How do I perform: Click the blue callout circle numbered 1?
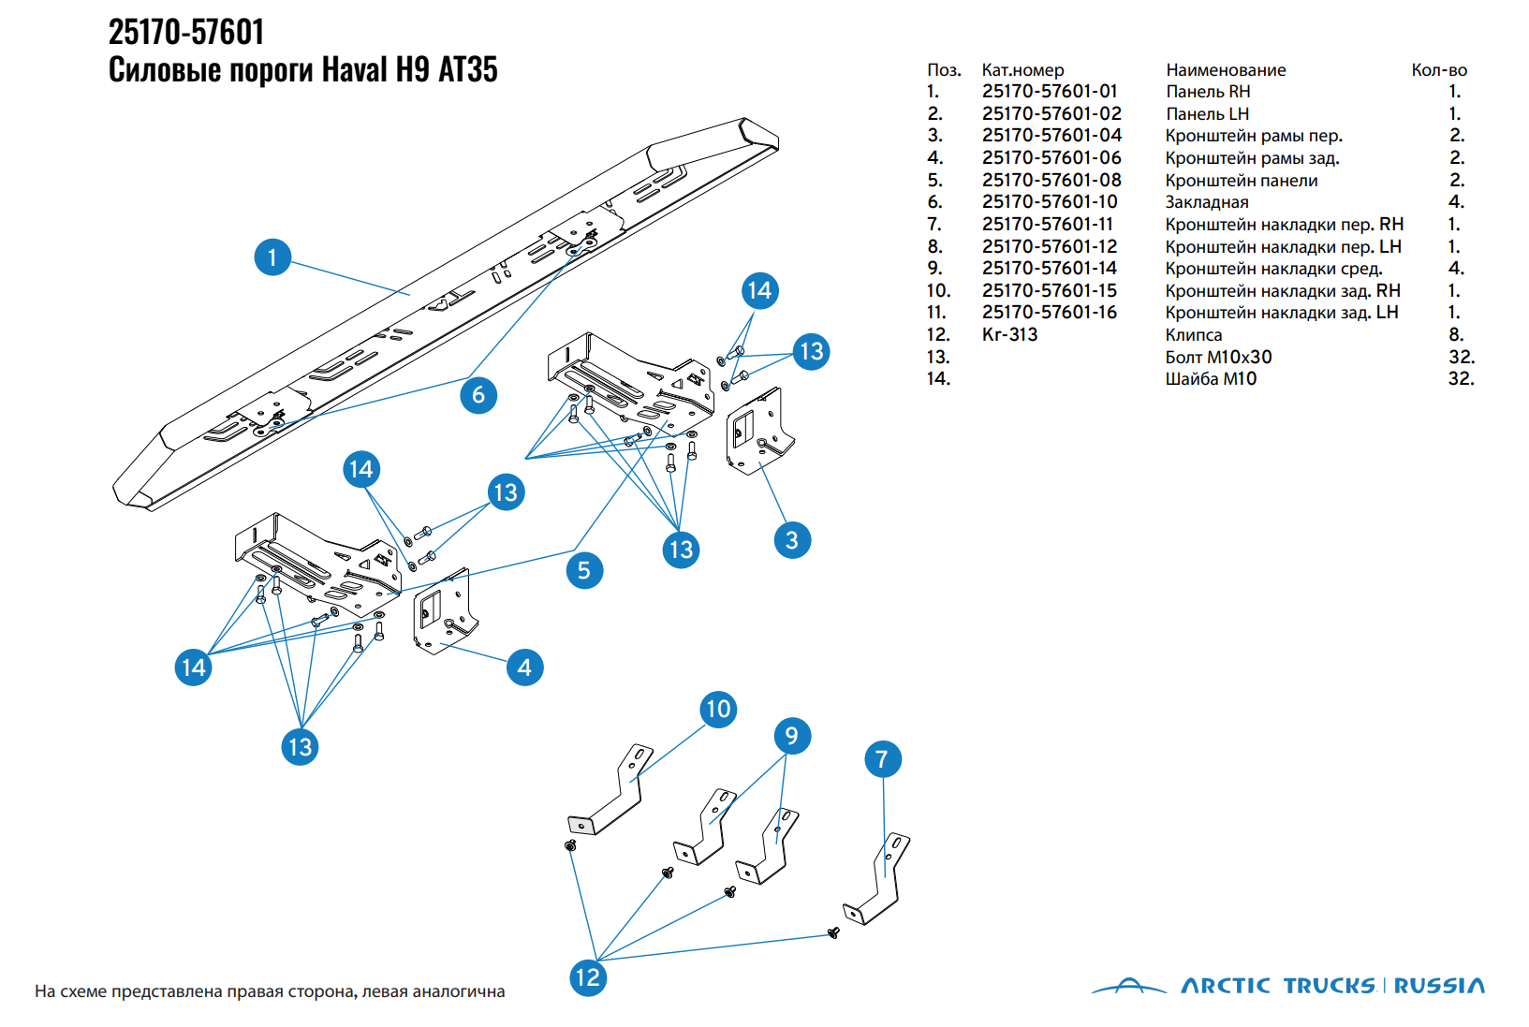272,257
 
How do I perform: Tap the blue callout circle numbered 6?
478,395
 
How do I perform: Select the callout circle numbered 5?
584,570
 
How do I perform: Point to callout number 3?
792,540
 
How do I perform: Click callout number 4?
524,668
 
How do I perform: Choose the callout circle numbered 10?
718,709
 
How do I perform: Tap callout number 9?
792,736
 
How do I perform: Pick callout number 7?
883,759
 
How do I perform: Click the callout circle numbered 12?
588,978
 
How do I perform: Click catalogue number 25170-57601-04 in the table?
1051,136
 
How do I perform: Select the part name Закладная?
1206,202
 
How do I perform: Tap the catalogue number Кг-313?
1008,335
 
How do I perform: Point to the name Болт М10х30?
1218,358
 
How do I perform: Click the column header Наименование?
1226,70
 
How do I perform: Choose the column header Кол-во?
1439,70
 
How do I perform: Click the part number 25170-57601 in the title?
185,32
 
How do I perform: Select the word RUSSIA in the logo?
1439,986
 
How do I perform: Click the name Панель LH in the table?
1207,114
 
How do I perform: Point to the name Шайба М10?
1211,379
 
